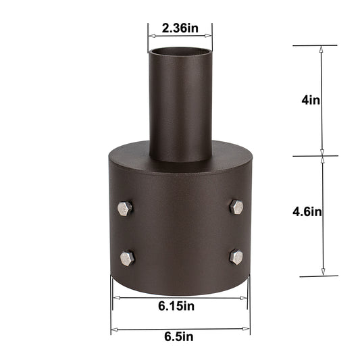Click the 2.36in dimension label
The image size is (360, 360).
click(180, 29)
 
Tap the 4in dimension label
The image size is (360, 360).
click(311, 100)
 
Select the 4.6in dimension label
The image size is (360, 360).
click(307, 211)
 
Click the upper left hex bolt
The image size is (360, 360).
click(125, 208)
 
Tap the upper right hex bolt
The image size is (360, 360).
click(236, 207)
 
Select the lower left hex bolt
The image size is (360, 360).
click(127, 257)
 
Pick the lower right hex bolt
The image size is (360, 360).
click(236, 256)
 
